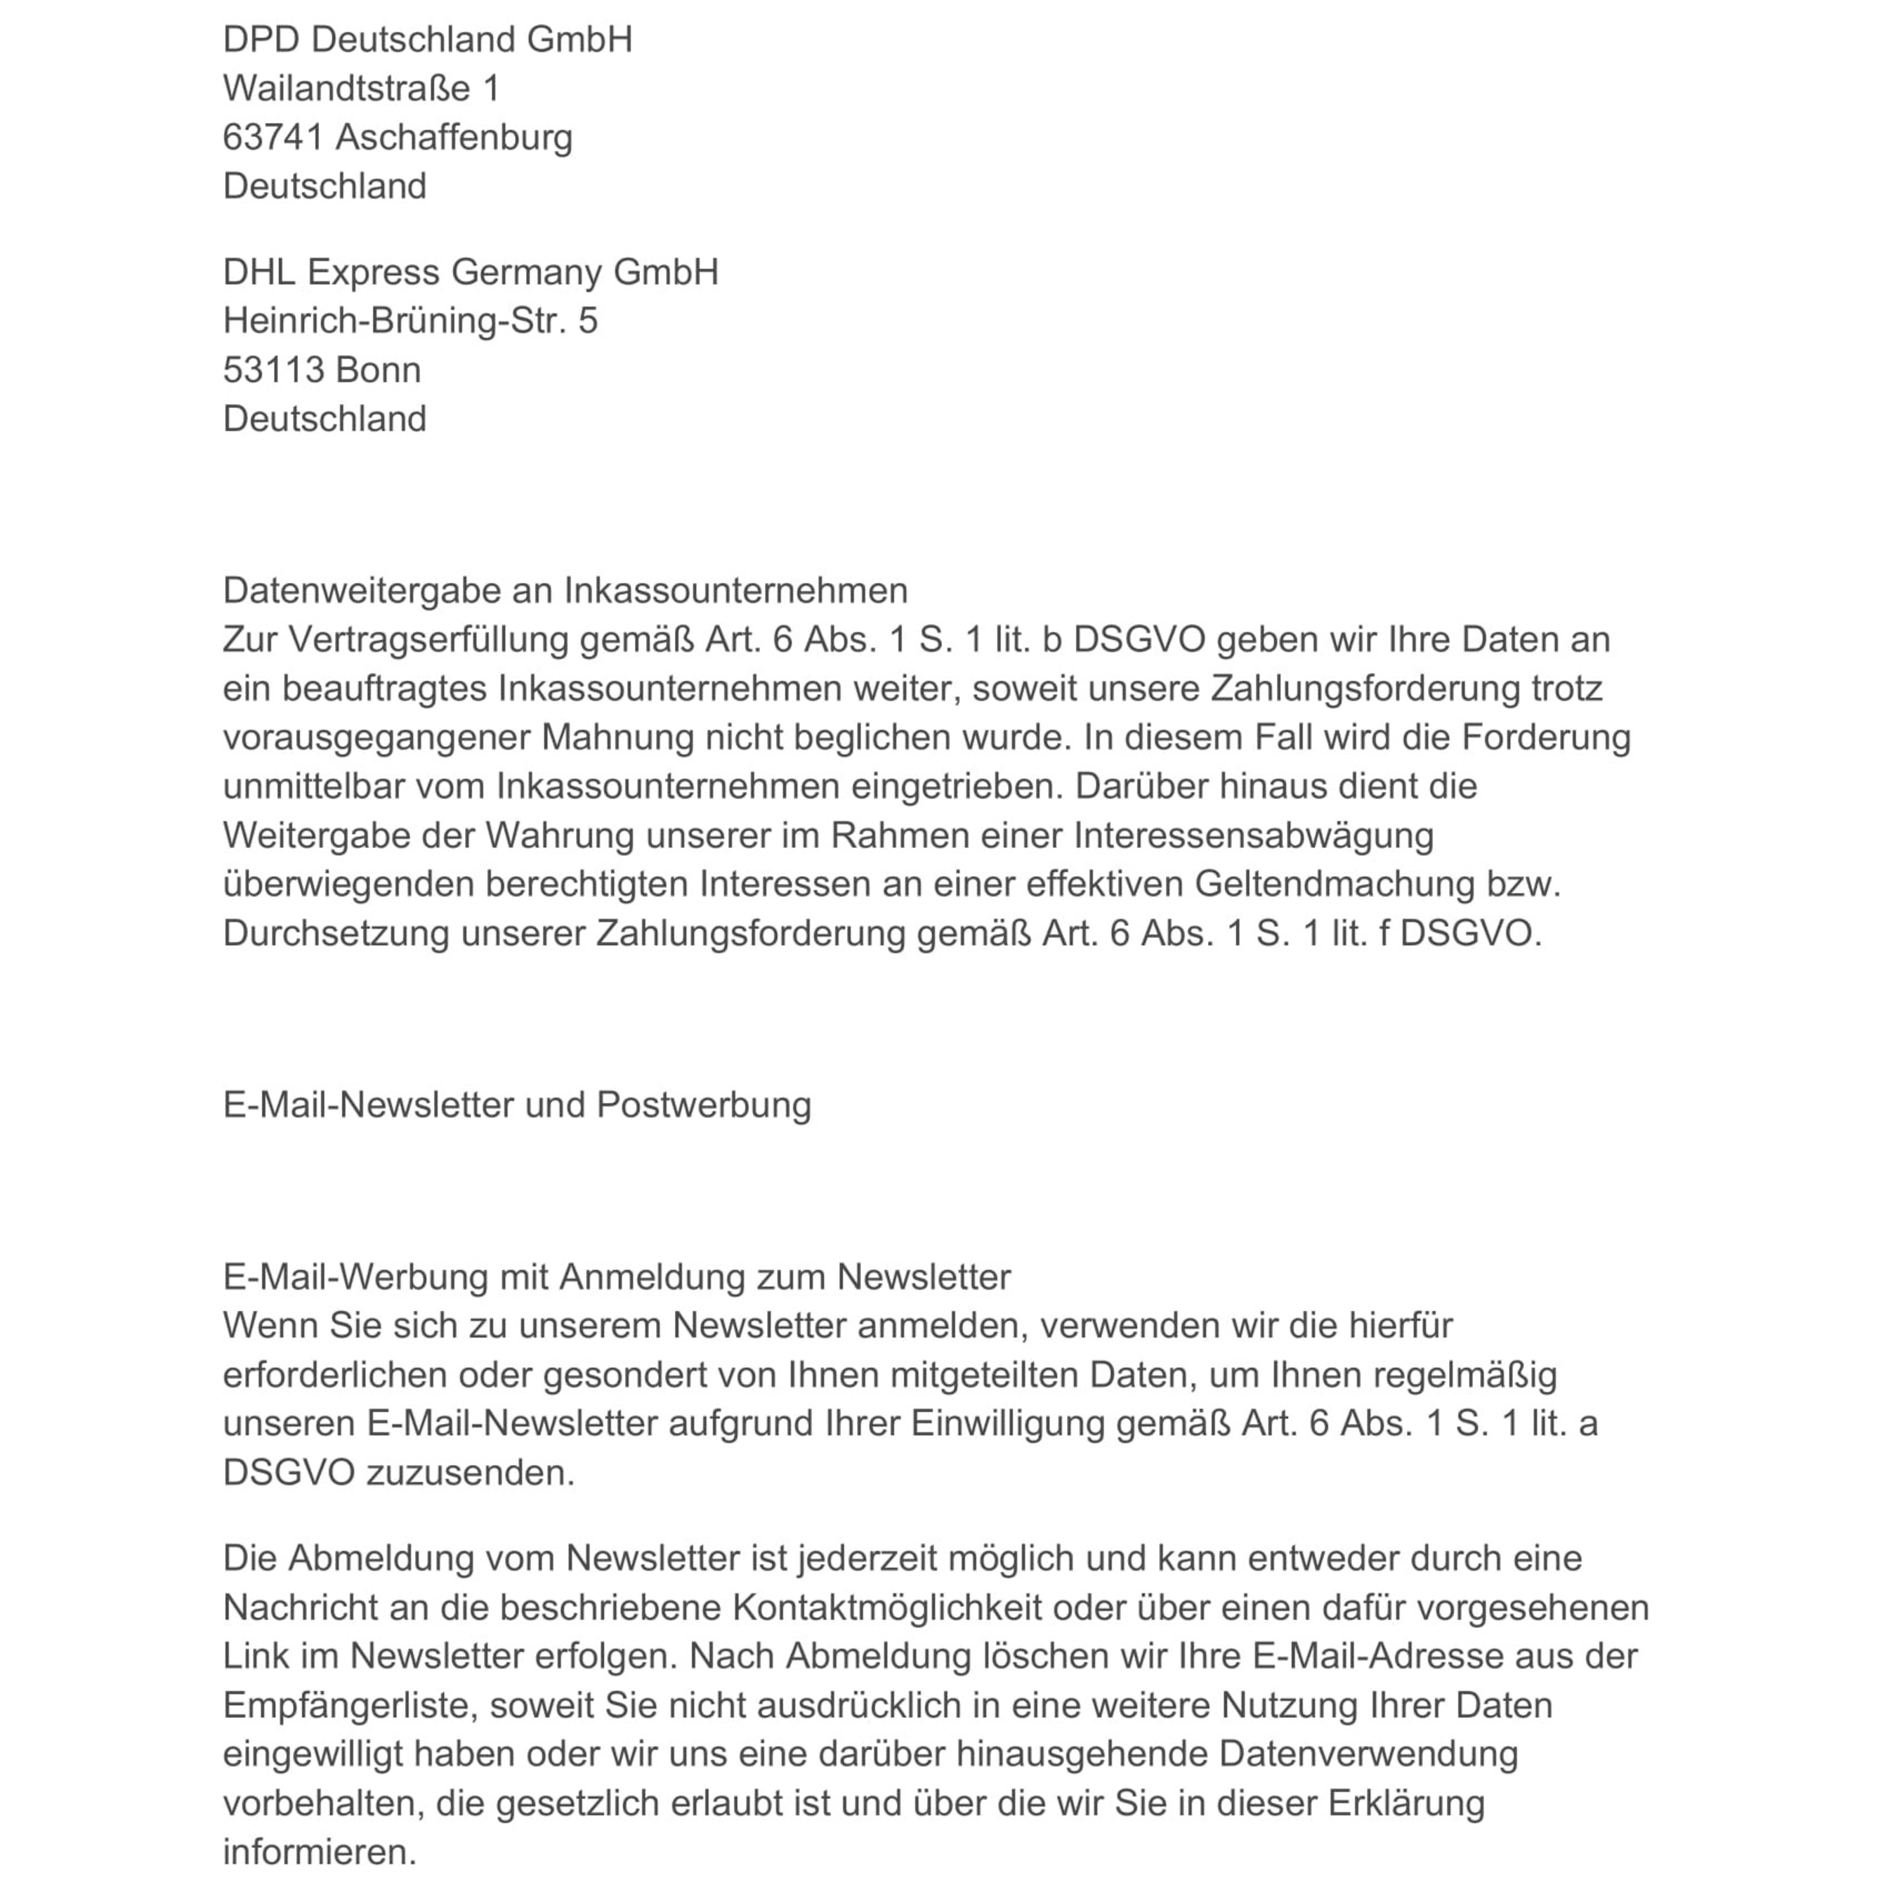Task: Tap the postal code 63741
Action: coord(273,138)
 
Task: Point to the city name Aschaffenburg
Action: coord(454,138)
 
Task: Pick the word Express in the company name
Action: coord(373,273)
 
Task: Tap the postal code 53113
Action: coord(273,370)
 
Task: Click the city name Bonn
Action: coord(378,370)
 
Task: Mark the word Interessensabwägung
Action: coord(1254,836)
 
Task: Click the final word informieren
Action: coord(320,1852)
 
